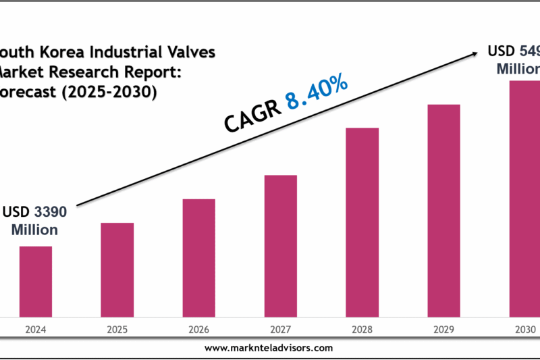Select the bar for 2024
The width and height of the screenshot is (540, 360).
[x=35, y=281]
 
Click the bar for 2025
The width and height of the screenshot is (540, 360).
[x=117, y=269]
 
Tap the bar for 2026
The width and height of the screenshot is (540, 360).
[x=198, y=257]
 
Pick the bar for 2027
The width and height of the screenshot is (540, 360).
[x=280, y=245]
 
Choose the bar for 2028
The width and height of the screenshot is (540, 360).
[x=362, y=222]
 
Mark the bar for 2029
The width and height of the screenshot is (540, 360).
[x=443, y=210]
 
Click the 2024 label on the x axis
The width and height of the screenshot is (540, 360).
[x=35, y=330]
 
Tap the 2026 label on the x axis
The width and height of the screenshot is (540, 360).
[x=198, y=330]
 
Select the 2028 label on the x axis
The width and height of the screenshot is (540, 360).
[x=362, y=330]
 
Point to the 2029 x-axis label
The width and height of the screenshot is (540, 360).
[x=443, y=330]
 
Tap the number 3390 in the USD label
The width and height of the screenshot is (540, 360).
[x=50, y=212]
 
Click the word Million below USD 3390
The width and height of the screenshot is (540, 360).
[x=34, y=230]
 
